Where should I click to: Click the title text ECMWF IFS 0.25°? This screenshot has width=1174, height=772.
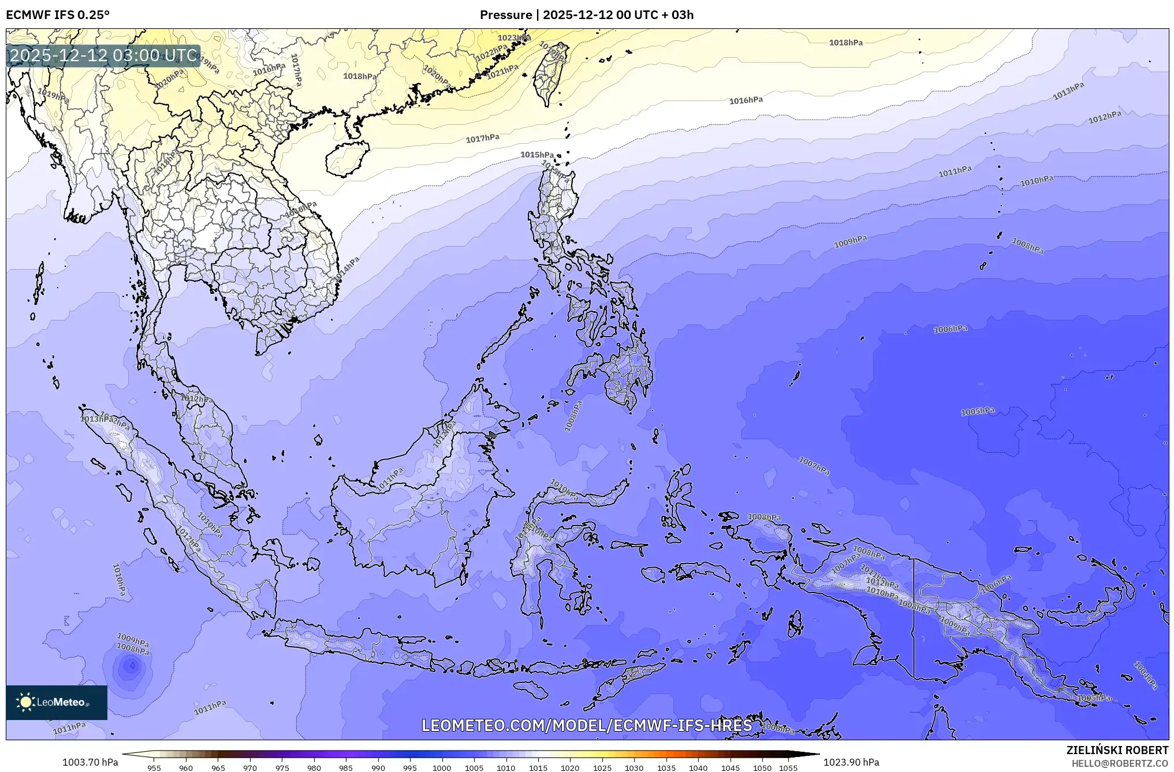coord(58,15)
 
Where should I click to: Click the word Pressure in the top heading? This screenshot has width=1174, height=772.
coord(506,15)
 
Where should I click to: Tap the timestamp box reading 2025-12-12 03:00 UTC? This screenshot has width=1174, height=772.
coord(103,55)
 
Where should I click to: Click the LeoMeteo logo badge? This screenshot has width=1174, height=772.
coord(57,702)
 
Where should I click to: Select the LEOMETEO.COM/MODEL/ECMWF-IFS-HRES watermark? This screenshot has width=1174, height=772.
coord(587,725)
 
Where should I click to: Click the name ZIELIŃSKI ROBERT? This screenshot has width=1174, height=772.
coord(1117,750)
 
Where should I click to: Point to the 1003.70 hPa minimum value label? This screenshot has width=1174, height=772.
coord(90,762)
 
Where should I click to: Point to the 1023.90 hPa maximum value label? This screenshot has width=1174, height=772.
coord(851,762)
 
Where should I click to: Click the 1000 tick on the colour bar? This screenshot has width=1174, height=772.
coord(442,768)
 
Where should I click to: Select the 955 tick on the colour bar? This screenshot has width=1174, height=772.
coord(154,768)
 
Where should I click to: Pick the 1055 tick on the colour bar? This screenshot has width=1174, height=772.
coord(788,768)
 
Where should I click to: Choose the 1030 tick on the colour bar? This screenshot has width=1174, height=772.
coord(634,768)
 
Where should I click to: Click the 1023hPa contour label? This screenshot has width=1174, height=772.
coord(514,38)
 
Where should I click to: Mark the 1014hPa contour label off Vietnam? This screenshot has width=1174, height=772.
coord(346,270)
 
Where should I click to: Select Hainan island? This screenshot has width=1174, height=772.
coord(346,158)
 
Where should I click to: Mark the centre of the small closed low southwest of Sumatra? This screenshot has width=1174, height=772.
coord(132,666)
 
